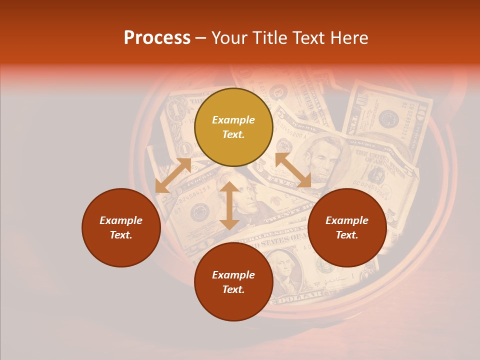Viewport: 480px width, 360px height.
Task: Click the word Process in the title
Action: (157, 38)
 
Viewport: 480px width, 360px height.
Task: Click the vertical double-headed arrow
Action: (229, 206)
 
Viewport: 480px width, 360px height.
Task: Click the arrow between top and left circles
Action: (173, 175)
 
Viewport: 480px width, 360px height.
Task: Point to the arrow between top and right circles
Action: (293, 170)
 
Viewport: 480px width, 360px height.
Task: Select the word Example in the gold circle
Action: (233, 120)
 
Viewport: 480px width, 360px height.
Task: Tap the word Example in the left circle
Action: (121, 220)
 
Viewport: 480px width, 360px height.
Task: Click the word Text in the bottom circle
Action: (233, 289)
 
